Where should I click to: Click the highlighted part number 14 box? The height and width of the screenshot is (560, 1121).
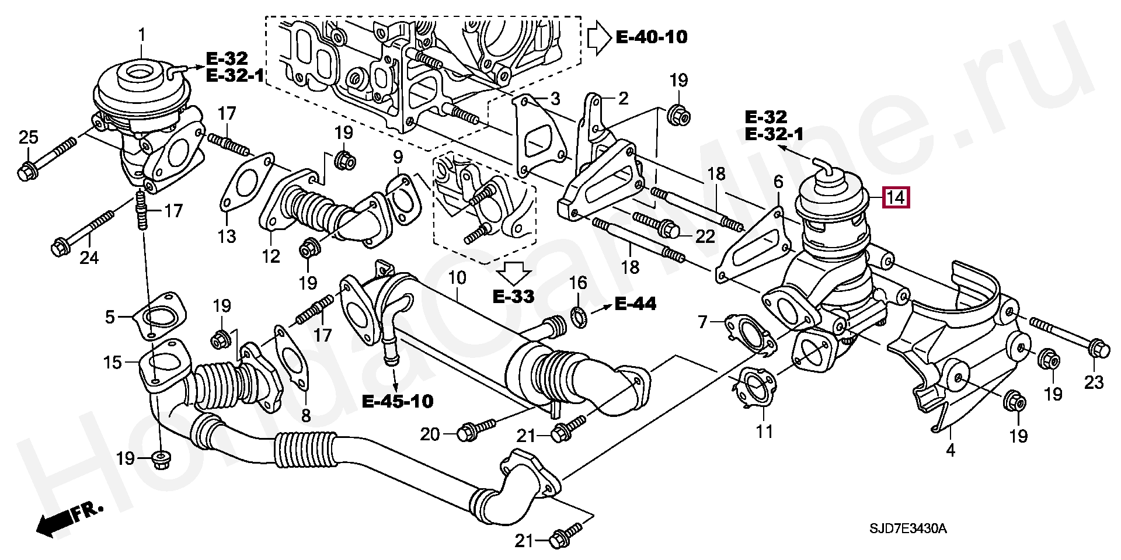(896, 197)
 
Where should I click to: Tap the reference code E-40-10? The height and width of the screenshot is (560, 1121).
(652, 37)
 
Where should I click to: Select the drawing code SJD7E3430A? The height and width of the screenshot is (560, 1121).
(908, 529)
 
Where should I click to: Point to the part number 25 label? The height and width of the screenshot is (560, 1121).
(29, 138)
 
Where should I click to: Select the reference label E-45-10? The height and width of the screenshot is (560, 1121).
(398, 401)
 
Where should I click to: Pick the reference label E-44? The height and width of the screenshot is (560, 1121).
(636, 304)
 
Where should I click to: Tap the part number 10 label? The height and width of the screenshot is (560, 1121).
(457, 277)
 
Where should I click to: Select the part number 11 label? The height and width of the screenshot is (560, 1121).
(764, 432)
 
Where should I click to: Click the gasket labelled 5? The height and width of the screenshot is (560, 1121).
(159, 316)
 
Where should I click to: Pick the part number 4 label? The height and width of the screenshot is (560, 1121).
(951, 450)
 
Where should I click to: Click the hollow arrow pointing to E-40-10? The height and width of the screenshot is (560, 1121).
(599, 38)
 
